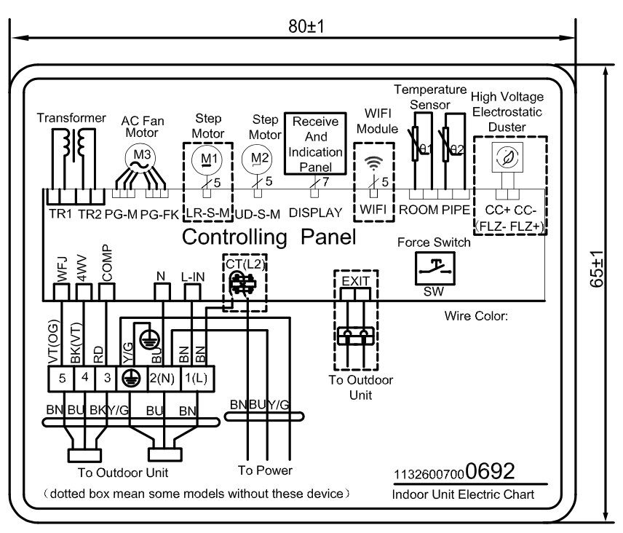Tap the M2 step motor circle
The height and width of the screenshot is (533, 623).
tap(253, 156)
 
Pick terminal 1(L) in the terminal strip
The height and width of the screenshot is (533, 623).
tap(194, 378)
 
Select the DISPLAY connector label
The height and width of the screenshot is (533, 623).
tap(315, 213)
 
